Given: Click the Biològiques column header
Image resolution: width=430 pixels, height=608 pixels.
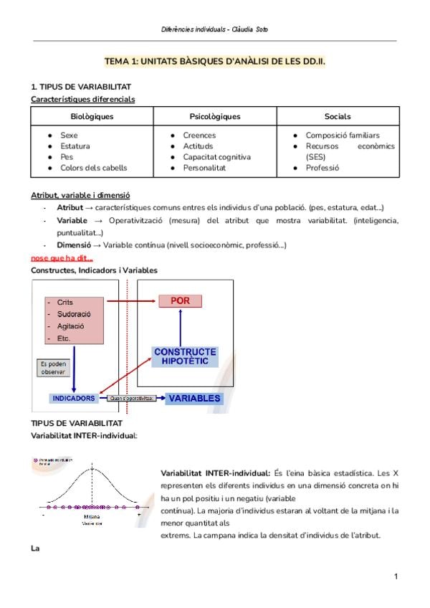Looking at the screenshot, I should coord(92,116).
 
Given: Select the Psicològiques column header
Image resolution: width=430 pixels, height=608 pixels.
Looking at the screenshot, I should coord(215,116).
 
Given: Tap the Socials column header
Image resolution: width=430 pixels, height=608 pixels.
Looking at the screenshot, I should coord(338,116).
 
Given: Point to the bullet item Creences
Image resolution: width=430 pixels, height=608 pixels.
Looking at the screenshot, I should coord(199,136).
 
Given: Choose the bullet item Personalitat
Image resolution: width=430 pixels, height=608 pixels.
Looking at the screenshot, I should coord(204,168).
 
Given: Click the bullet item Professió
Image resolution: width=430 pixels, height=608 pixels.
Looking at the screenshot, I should coord(322,168).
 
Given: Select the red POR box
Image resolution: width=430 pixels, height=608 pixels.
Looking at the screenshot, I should coord(180,302).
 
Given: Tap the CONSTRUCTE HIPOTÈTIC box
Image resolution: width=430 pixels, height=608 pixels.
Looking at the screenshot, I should coord(185,356).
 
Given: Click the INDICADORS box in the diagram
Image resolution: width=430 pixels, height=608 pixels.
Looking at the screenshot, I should coord(74,398).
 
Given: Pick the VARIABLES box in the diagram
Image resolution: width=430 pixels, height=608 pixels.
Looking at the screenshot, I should coord(193,398).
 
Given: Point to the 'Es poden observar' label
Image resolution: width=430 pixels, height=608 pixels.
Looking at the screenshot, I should coord(52,368).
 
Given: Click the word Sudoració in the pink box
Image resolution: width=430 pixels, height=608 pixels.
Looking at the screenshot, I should coord(75,314).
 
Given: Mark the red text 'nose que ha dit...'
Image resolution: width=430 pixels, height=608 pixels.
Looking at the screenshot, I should coord(62,258).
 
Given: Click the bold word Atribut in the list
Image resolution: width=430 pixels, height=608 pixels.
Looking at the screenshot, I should coord(70,207).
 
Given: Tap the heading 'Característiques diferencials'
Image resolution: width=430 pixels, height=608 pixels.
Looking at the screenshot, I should coord(82,99).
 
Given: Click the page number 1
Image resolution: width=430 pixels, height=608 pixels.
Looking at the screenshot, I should coord(396,576).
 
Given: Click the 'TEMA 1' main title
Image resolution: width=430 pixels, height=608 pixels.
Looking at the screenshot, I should coord(214,62).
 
